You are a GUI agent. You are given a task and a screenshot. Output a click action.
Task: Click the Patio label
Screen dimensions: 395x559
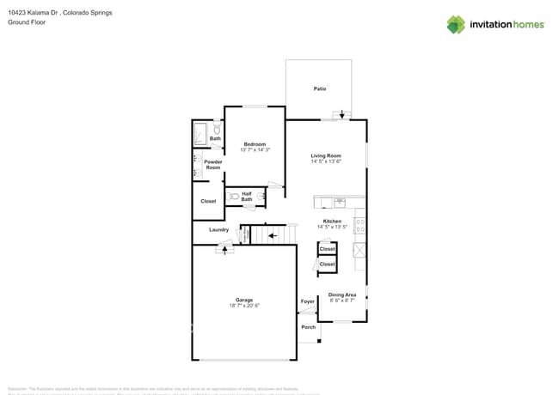319,88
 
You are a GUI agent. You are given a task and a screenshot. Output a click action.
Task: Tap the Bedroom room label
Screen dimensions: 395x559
255,143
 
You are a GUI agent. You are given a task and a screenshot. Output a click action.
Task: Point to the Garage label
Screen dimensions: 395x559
244,300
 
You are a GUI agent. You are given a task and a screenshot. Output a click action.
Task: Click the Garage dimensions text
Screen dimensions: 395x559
244,306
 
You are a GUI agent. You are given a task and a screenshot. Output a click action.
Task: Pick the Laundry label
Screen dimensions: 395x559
218,229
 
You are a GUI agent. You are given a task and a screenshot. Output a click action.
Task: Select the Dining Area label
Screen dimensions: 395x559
342,295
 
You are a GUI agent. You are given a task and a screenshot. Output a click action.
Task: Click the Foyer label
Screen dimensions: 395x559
308,301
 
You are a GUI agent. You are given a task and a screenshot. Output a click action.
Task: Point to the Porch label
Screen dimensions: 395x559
308,327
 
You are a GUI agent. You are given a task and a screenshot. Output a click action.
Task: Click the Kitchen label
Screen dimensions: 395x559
332,222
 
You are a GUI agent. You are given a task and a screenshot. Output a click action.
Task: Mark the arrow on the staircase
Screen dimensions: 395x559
272,233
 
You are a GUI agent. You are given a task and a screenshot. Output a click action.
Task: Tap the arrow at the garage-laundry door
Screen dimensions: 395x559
226,249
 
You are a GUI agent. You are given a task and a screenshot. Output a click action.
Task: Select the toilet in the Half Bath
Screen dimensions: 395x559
235,197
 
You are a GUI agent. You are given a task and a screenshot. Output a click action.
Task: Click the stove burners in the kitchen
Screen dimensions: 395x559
359,227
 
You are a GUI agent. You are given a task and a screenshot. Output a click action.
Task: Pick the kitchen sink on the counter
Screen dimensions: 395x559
339,203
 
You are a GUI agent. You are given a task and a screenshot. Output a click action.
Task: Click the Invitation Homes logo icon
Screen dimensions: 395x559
456,24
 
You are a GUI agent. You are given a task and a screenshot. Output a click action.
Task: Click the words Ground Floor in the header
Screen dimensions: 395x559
28,22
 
